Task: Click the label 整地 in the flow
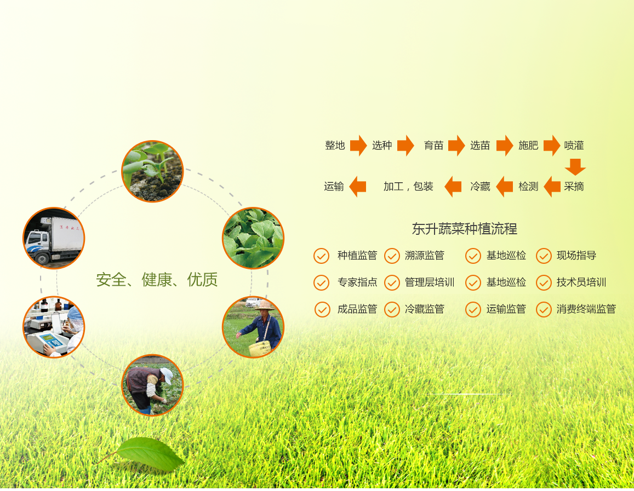(x=335, y=146)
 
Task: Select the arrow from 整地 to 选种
(x=358, y=146)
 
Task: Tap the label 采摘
(x=574, y=187)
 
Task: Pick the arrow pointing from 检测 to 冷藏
(x=504, y=187)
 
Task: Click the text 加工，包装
(x=408, y=187)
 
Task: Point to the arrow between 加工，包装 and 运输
(x=357, y=187)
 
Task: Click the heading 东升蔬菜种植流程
(x=465, y=229)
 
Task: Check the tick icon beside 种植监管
(x=322, y=256)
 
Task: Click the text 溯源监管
(x=425, y=255)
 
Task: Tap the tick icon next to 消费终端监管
(x=544, y=310)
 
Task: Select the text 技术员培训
(x=581, y=282)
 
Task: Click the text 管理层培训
(x=430, y=282)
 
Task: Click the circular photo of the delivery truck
(x=54, y=238)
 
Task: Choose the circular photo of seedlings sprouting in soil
(x=152, y=171)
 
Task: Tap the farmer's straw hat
(x=265, y=305)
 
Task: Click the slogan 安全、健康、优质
(x=157, y=279)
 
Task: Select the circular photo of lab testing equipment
(x=54, y=327)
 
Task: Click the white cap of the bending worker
(x=167, y=376)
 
